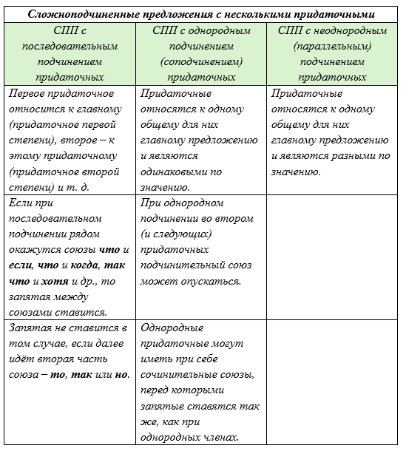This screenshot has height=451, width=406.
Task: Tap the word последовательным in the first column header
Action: [x=70, y=46]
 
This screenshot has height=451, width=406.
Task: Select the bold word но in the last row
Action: [x=123, y=374]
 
